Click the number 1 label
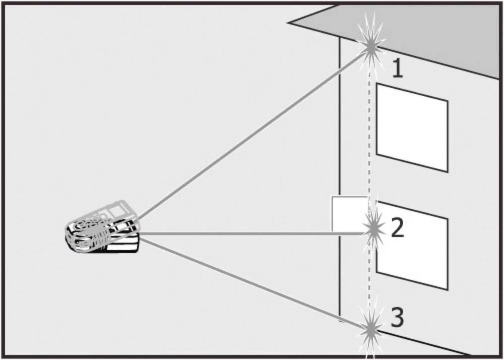click(x=398, y=69)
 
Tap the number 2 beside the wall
click(x=397, y=227)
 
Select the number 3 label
click(x=397, y=317)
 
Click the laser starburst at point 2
click(x=373, y=229)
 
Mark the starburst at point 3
click(x=371, y=328)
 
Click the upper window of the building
click(x=412, y=128)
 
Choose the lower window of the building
click(x=412, y=246)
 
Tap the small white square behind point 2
click(x=350, y=213)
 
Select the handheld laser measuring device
click(x=103, y=227)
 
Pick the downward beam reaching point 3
click(x=254, y=283)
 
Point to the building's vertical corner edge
click(x=340, y=177)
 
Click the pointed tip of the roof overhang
click(x=289, y=23)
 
